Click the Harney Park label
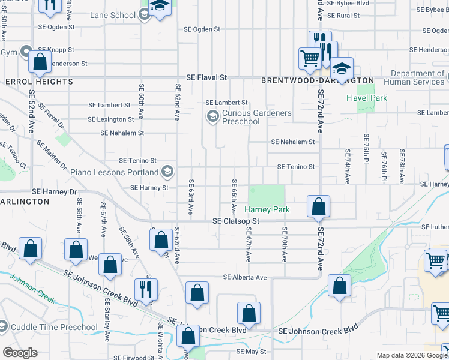pyautogui.click(x=267, y=210)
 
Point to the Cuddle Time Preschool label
pyautogui.click(x=54, y=328)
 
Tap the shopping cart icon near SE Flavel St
pyautogui.click(x=310, y=59)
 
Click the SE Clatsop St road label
pyautogui.click(x=235, y=221)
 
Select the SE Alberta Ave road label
pyautogui.click(x=245, y=277)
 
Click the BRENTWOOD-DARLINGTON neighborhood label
pyautogui.click(x=318, y=80)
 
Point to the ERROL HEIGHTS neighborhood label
pyautogui.click(x=39, y=81)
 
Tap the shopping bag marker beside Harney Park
pyautogui.click(x=318, y=206)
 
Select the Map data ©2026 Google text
pyautogui.click(x=411, y=355)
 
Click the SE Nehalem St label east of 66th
pyautogui.click(x=292, y=142)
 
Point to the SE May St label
pyautogui.click(x=251, y=352)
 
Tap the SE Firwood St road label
pyautogui.click(x=134, y=358)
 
